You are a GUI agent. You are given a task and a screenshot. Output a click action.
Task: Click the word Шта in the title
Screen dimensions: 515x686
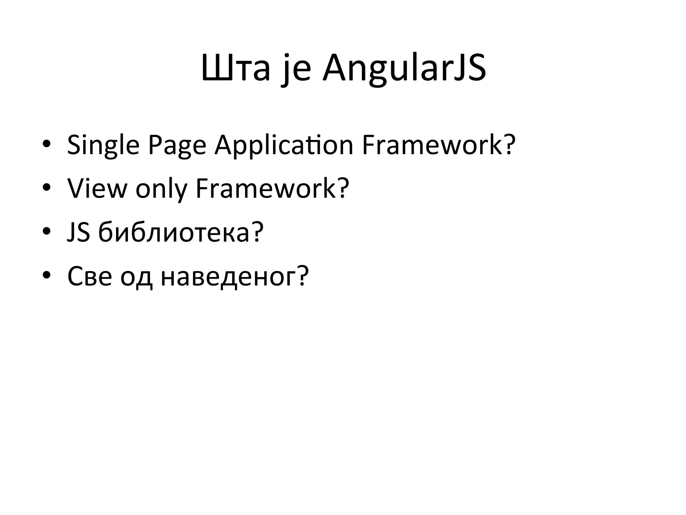pyautogui.click(x=235, y=69)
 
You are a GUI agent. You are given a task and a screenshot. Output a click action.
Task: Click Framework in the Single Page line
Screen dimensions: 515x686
pyautogui.click(x=432, y=145)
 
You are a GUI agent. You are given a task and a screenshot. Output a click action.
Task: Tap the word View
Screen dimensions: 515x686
pyautogui.click(x=97, y=188)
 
